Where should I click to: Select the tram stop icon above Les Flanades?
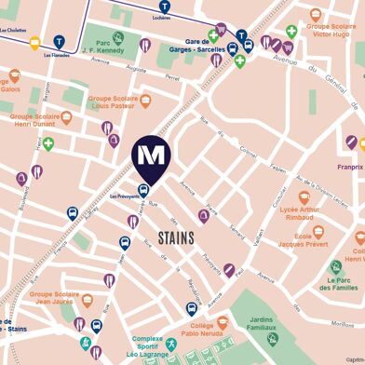pos(60,41)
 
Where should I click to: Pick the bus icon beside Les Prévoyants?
pos(142,190)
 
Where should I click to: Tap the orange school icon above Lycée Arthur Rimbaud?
pos(304,198)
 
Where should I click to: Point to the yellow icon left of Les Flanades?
pos(35,42)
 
